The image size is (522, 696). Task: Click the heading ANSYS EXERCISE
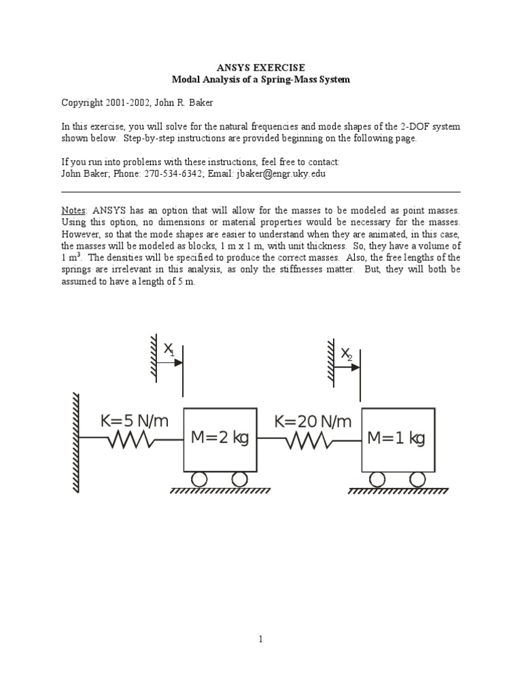260,67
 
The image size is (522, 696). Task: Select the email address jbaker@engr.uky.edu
281,174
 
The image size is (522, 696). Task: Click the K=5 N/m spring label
134,422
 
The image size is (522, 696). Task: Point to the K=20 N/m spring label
313,422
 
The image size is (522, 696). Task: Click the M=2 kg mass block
220,438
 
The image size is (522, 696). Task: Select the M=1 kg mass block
396,438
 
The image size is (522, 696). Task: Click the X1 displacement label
169,350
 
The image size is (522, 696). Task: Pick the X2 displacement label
347,354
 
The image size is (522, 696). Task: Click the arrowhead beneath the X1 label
178,363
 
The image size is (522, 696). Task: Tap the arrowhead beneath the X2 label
355,367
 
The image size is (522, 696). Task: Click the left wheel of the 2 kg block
199,479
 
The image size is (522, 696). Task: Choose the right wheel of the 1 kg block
416,479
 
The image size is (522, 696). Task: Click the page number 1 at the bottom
260,639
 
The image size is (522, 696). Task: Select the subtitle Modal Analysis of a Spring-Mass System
260,80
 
